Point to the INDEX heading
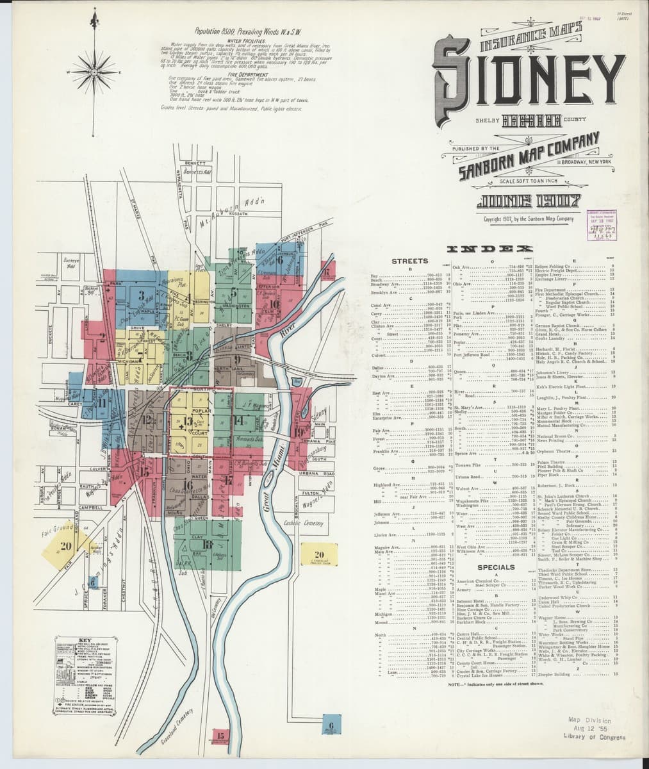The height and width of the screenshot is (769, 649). pos(510,249)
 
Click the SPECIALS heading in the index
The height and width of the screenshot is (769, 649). pos(496,567)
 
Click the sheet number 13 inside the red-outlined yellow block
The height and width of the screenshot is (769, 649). pos(187,421)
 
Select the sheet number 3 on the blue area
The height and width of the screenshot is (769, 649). pos(140,295)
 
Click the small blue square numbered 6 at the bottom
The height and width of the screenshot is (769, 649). pos(331,726)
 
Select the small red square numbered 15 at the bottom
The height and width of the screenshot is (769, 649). pos(219,736)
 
